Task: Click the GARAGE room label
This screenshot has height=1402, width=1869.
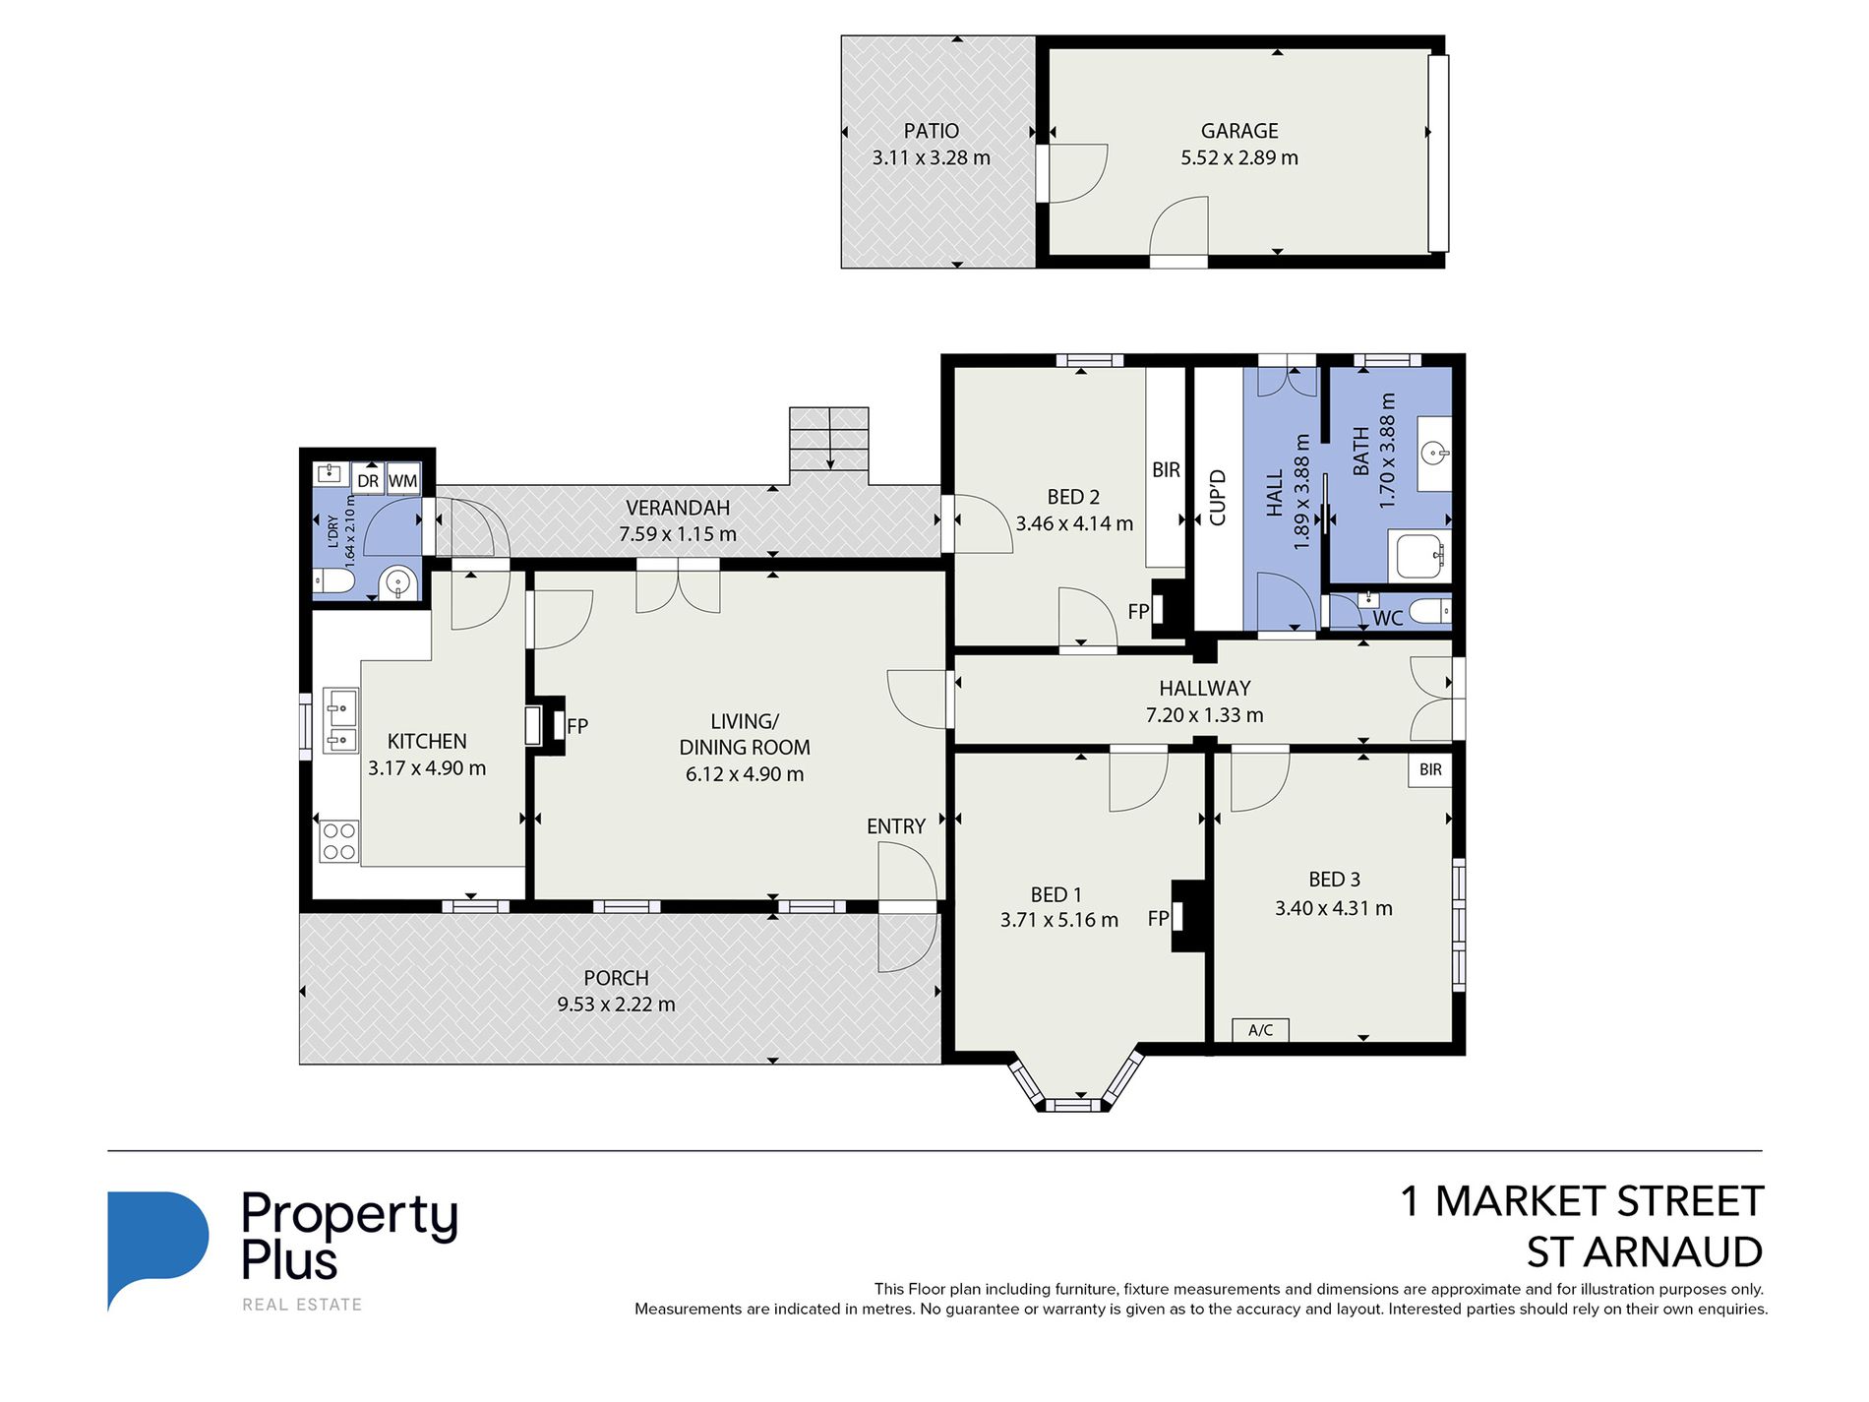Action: (x=1239, y=131)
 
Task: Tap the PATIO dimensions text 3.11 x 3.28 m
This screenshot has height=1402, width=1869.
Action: (x=931, y=157)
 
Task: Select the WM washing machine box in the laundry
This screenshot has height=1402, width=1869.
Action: (x=403, y=480)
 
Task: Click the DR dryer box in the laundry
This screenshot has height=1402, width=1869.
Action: (x=368, y=480)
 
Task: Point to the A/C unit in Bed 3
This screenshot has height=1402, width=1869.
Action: (x=1260, y=1030)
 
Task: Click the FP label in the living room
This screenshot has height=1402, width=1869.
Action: (x=577, y=726)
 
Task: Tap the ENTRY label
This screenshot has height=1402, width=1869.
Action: (x=896, y=826)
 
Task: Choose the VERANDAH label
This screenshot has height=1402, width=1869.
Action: (x=678, y=508)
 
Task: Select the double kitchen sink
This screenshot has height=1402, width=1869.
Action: (x=341, y=720)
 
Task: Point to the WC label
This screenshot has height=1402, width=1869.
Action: (x=1387, y=619)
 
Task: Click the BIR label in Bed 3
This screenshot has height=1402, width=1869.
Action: (x=1430, y=769)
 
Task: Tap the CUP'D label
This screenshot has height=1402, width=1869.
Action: (x=1218, y=498)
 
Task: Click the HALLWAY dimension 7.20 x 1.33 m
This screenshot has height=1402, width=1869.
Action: (x=1204, y=715)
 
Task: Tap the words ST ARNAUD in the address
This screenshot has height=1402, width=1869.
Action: (x=1644, y=1252)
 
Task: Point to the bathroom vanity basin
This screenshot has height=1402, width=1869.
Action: (x=1435, y=454)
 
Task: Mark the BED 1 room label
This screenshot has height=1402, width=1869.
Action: (x=1055, y=894)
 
